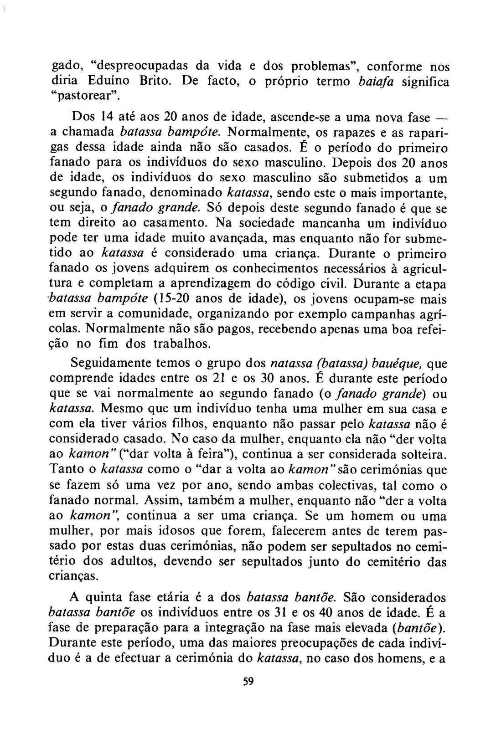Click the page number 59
tap(248, 682)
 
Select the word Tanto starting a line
tap(65, 469)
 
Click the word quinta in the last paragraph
tap(106, 597)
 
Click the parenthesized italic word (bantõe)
tap(418, 627)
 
